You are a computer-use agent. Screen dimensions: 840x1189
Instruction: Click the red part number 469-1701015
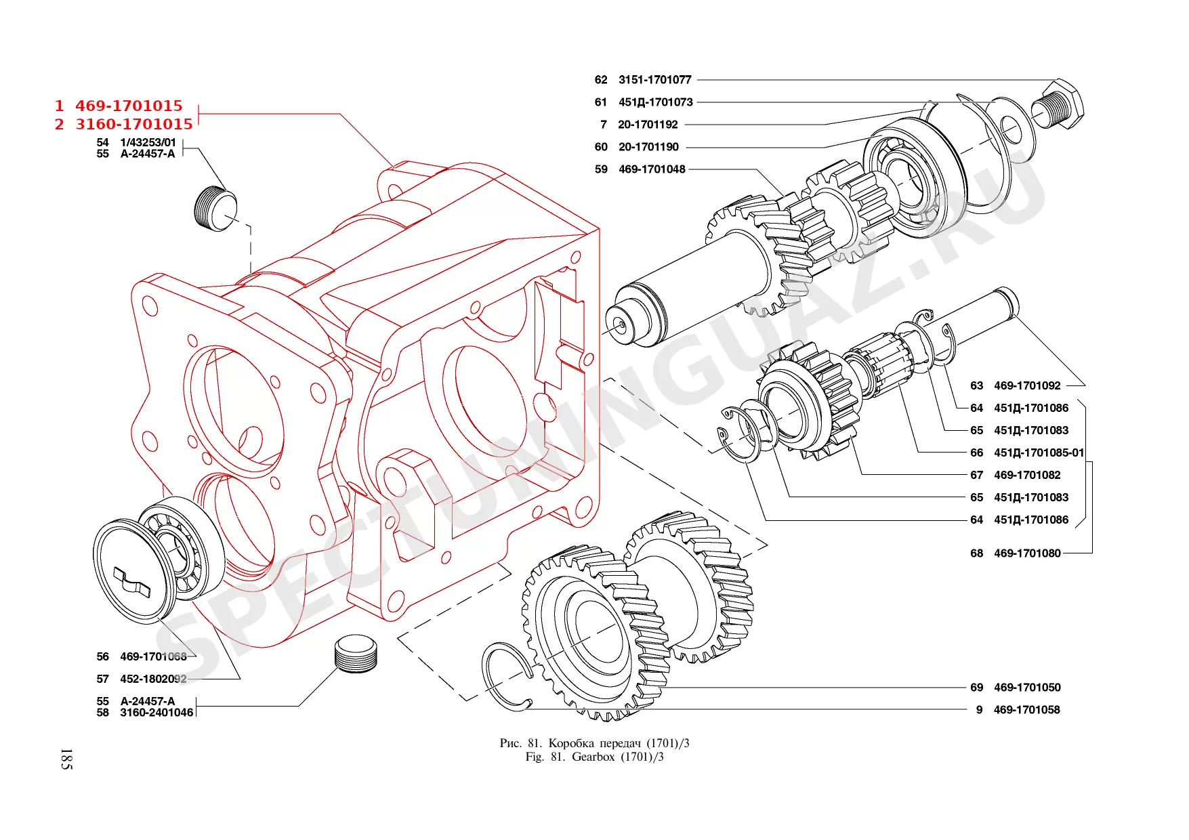[129, 106]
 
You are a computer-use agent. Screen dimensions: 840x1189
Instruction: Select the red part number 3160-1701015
[134, 124]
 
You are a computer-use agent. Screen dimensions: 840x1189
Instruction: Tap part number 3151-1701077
[654, 80]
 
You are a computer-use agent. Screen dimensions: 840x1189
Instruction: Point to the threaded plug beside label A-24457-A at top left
[215, 207]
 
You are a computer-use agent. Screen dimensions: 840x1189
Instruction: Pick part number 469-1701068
[153, 656]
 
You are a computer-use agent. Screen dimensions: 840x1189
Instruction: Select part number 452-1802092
[153, 679]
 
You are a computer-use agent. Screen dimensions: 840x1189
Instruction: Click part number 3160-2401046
[157, 713]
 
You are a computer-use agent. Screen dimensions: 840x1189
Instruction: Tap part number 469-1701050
[1027, 688]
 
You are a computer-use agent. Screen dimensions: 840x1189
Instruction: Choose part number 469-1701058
[1026, 710]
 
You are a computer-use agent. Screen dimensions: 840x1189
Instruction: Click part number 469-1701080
[1027, 553]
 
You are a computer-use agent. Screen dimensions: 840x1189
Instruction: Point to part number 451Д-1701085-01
[1039, 453]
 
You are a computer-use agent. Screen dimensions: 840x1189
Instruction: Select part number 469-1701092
[1027, 385]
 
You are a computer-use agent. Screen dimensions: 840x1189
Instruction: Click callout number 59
[601, 169]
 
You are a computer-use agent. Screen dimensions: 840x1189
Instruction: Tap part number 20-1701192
[648, 125]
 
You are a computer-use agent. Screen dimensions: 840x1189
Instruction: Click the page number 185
[66, 759]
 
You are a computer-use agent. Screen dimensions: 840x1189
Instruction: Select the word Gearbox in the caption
[593, 757]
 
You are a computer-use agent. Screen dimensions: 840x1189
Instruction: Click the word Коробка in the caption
[571, 743]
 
